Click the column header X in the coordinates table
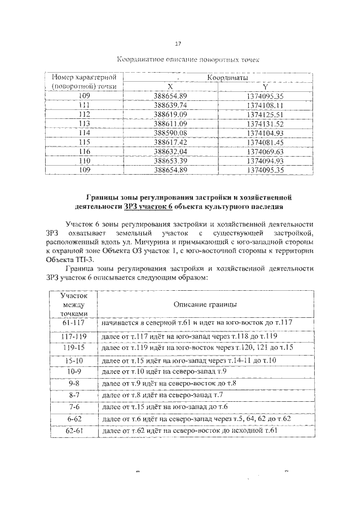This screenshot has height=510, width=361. pos(170,86)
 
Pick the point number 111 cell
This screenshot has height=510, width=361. pos(84,105)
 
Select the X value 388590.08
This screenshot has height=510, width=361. pos(170,132)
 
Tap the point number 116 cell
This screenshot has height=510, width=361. pos(84,151)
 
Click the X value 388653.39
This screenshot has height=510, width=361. pos(170,161)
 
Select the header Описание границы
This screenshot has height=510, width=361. pos(205,304)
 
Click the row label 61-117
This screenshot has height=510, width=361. pos(73,323)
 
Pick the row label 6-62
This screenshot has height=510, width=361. pos(73,420)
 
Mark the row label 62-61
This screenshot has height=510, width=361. pos(73,432)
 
